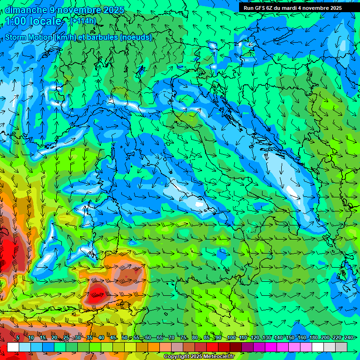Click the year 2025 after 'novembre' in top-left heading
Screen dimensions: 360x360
[x=113, y=10]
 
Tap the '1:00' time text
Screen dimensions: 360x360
[x=16, y=21]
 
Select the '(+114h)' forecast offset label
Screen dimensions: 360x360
[x=83, y=21]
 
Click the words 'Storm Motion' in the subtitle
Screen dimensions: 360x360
[x=29, y=37]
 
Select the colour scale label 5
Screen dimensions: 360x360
[x=18, y=338]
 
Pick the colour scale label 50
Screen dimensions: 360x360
[x=125, y=338]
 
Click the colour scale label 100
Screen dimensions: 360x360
[x=231, y=338]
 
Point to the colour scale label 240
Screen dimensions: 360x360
[x=348, y=338]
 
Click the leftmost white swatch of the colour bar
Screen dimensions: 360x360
[x=13, y=347]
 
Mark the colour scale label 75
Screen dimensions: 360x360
[x=183, y=338]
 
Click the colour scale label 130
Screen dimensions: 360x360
[x=266, y=338]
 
